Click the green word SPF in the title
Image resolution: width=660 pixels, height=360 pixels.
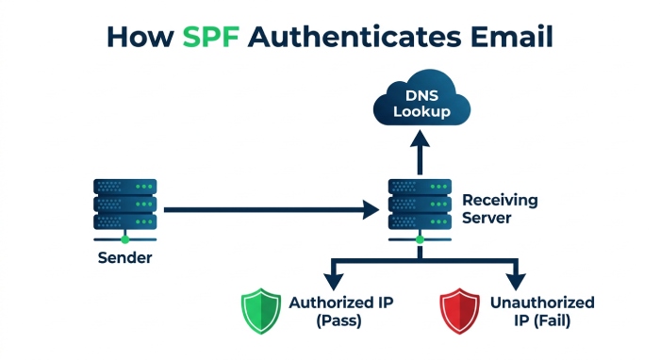211,37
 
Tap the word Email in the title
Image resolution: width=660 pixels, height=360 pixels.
511,37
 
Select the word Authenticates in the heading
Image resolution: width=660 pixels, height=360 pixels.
355,37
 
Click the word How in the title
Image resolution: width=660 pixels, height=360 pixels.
140,37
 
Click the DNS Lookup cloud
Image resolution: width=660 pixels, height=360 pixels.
421,98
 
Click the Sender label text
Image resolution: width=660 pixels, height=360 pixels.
125,257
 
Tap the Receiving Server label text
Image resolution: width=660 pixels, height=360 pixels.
500,208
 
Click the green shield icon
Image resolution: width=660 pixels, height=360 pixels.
261,311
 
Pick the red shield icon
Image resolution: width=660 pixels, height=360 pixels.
460,311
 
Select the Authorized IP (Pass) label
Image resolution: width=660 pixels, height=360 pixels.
341,311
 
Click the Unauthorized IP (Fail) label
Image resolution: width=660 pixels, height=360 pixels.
542,311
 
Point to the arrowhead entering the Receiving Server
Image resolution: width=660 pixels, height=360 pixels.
371,209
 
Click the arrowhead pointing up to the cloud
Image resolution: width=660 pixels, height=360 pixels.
420,139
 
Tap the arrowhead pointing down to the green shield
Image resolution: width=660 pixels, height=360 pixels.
334,282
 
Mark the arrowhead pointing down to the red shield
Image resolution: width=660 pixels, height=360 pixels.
516,282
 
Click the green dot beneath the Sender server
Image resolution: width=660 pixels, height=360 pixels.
125,239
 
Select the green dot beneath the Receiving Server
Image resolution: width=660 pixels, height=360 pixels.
420,239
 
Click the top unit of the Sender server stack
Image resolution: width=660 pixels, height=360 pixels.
125,187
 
